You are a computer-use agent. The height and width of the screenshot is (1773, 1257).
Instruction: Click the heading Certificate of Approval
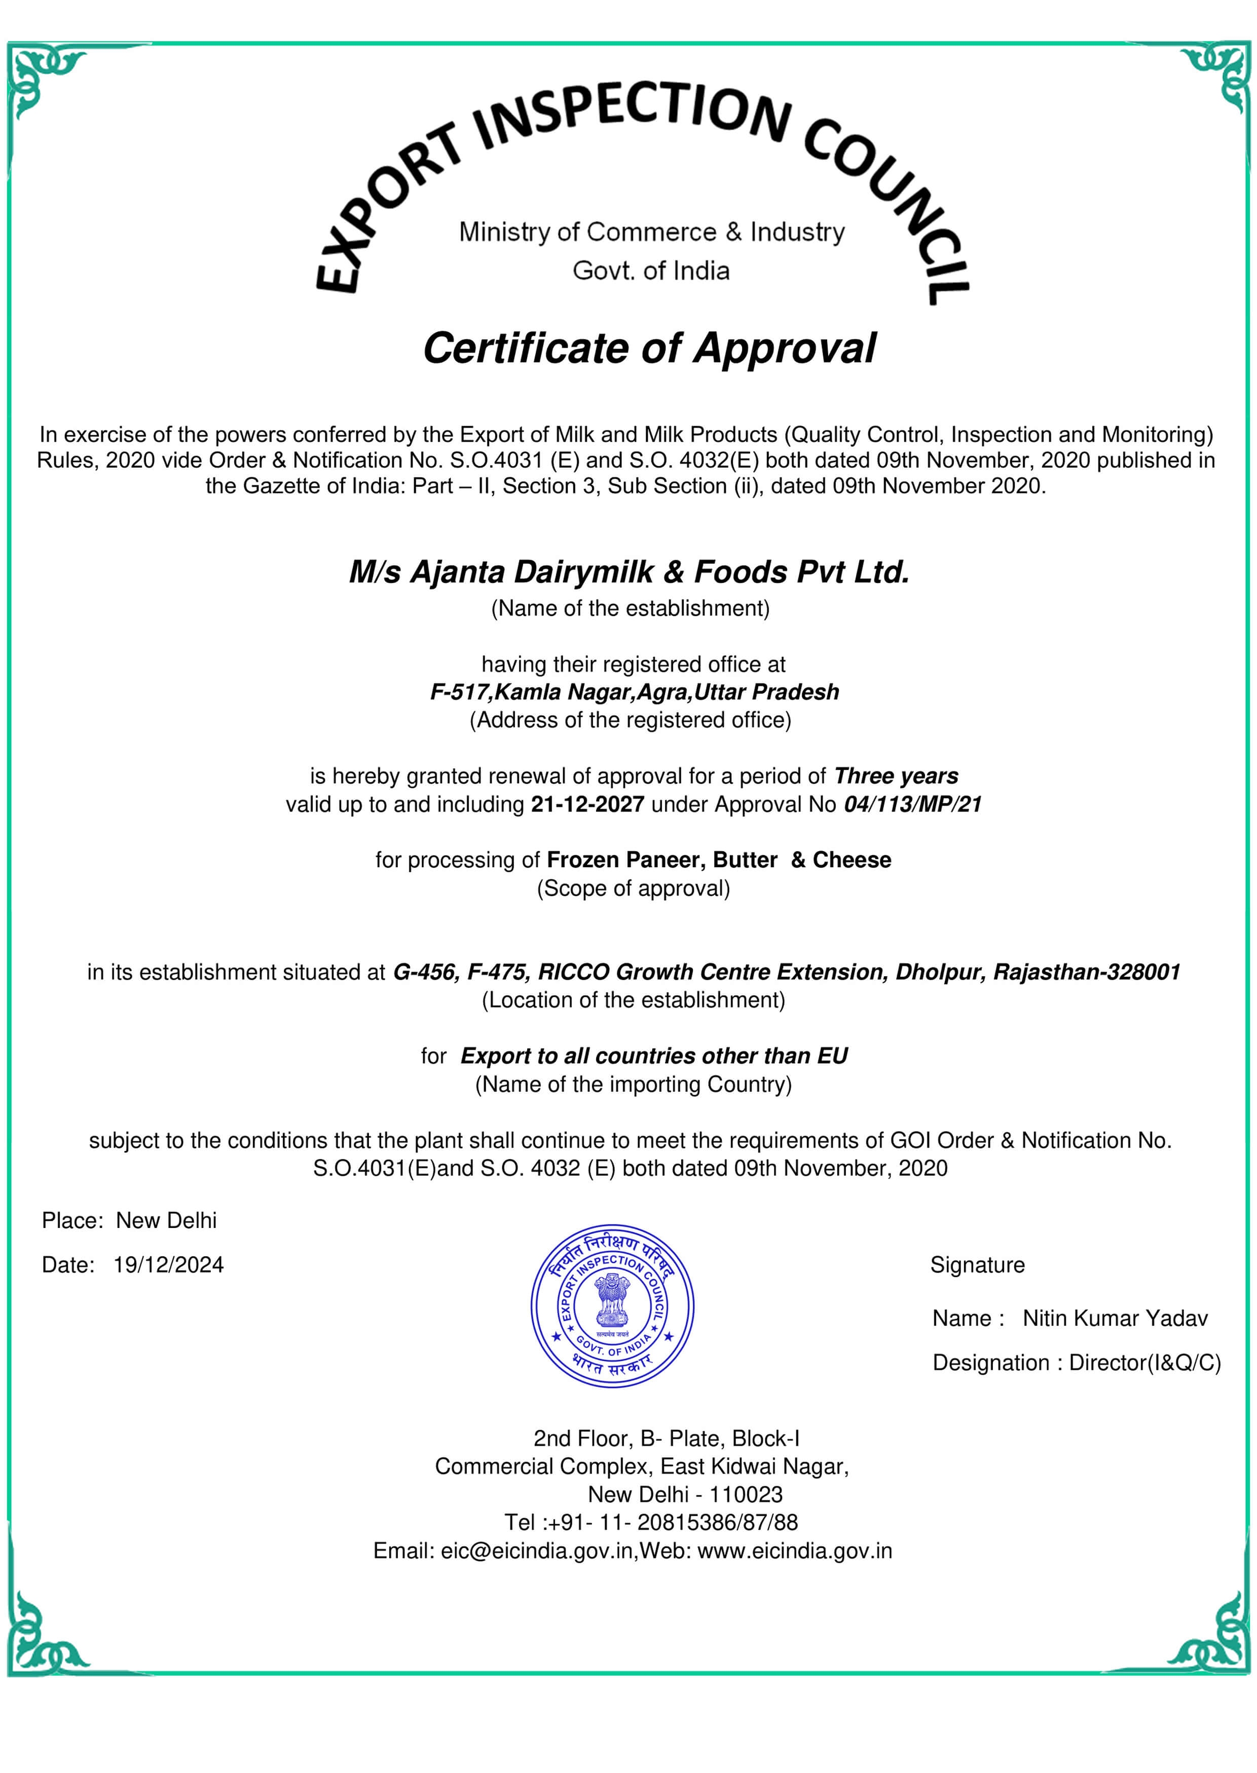[x=649, y=348]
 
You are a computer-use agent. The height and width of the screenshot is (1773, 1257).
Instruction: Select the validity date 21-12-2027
[x=587, y=804]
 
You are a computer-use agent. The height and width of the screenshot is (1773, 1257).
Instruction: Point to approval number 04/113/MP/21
[x=912, y=804]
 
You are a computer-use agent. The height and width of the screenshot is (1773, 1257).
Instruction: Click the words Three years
[x=896, y=776]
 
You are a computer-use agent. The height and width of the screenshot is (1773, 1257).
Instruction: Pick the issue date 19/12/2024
[x=168, y=1265]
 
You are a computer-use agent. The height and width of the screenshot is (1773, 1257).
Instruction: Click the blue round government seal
[x=612, y=1306]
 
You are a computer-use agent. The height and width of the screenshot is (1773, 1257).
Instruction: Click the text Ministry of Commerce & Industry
[x=652, y=232]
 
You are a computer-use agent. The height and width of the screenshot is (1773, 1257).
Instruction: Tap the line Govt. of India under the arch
[x=651, y=271]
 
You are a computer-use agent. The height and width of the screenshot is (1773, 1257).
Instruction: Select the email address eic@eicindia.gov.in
[x=536, y=1551]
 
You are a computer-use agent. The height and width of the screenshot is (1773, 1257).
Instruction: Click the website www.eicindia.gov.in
[x=795, y=1551]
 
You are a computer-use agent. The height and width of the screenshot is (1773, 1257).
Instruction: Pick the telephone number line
[x=651, y=1522]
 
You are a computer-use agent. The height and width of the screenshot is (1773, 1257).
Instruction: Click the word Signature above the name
[x=977, y=1265]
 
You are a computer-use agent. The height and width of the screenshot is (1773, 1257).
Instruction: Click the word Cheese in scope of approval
[x=852, y=860]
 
